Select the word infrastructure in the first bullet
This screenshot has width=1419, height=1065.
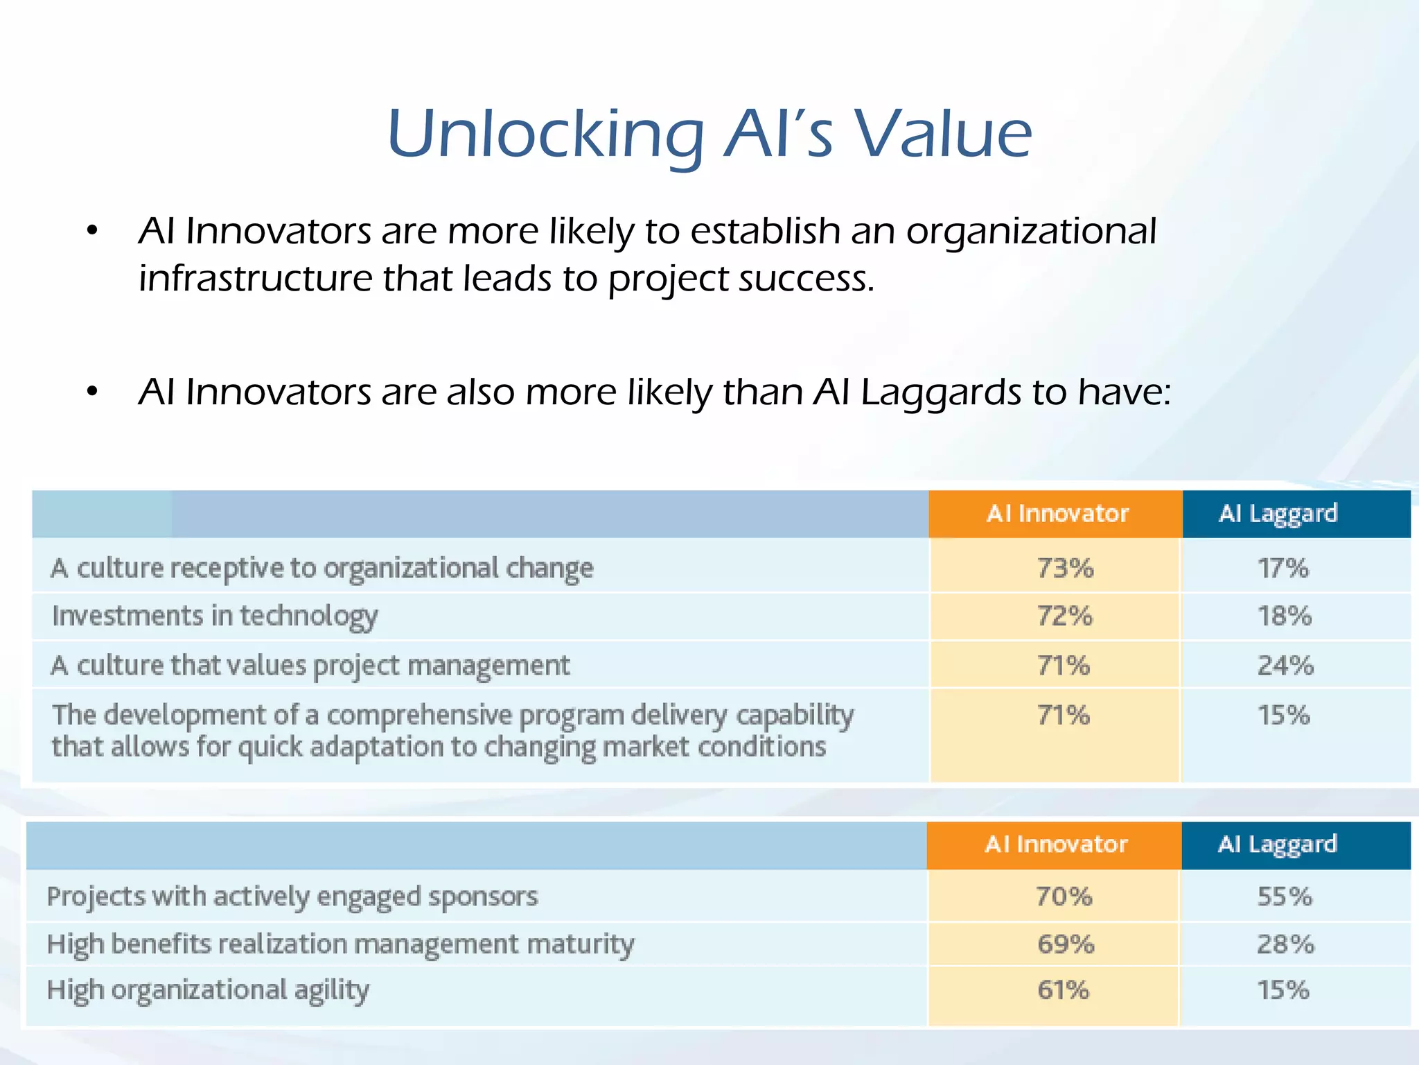[255, 279]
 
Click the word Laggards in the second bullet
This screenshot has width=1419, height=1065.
[940, 393]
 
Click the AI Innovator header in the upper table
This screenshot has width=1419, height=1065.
[1057, 514]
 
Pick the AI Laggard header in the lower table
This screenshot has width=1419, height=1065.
[1277, 845]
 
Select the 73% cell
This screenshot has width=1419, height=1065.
[1065, 569]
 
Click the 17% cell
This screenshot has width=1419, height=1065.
[1283, 569]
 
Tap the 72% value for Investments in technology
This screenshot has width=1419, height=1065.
[1064, 616]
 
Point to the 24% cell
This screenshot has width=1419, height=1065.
[1285, 666]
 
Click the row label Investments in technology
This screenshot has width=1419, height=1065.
[215, 616]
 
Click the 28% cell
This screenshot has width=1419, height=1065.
[1285, 944]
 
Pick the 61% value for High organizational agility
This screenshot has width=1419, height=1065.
[1063, 990]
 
